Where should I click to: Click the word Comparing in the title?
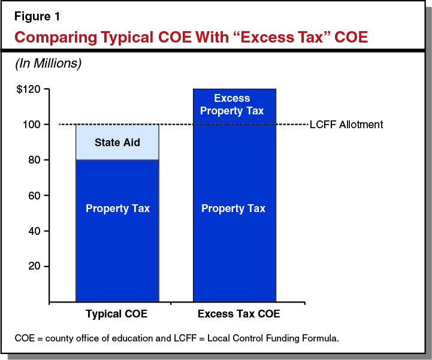(50, 37)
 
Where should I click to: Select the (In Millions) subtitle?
(48, 63)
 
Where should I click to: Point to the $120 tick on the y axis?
(29, 90)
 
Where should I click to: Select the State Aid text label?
(117, 143)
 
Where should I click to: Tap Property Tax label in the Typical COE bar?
(117, 208)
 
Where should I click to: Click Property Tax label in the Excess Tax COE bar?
(233, 208)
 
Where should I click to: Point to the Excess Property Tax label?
(232, 104)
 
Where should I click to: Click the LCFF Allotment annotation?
(346, 125)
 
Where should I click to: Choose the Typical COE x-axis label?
(116, 313)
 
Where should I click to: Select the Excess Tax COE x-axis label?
(238, 313)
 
